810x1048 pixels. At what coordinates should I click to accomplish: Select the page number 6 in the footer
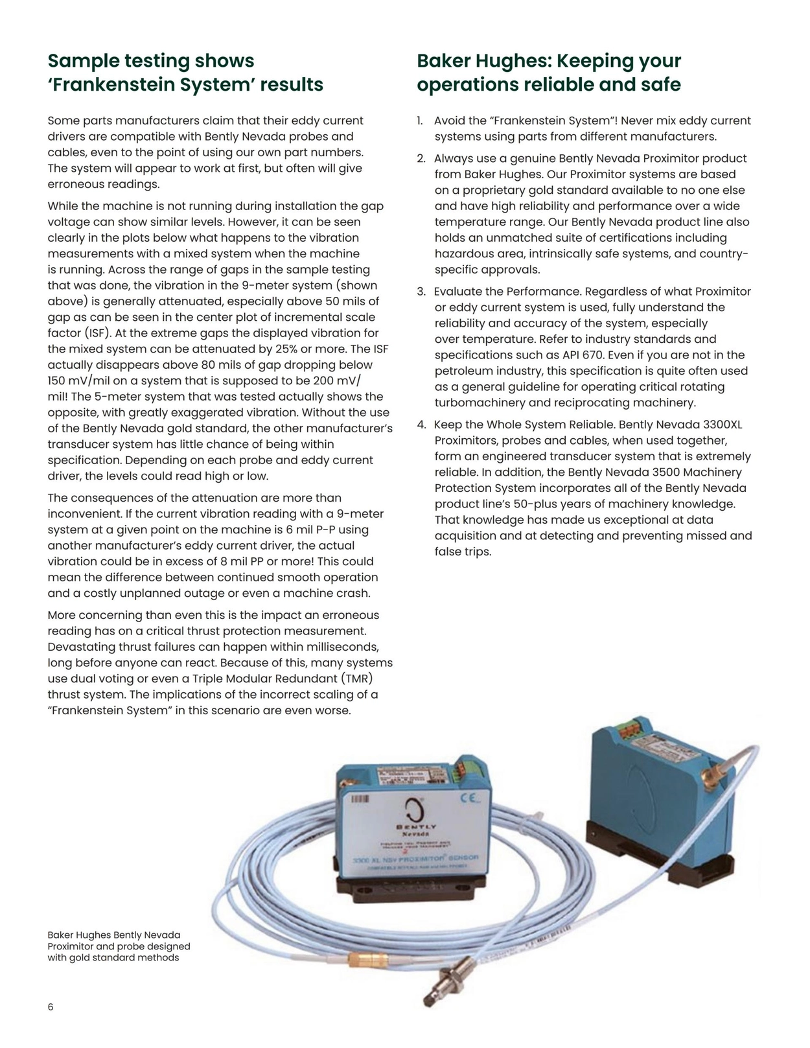click(51, 1007)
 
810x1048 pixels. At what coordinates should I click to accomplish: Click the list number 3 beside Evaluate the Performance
click(421, 292)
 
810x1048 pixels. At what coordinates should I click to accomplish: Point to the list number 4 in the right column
click(421, 425)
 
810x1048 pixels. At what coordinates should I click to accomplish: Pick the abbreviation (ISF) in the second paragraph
click(81, 333)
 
